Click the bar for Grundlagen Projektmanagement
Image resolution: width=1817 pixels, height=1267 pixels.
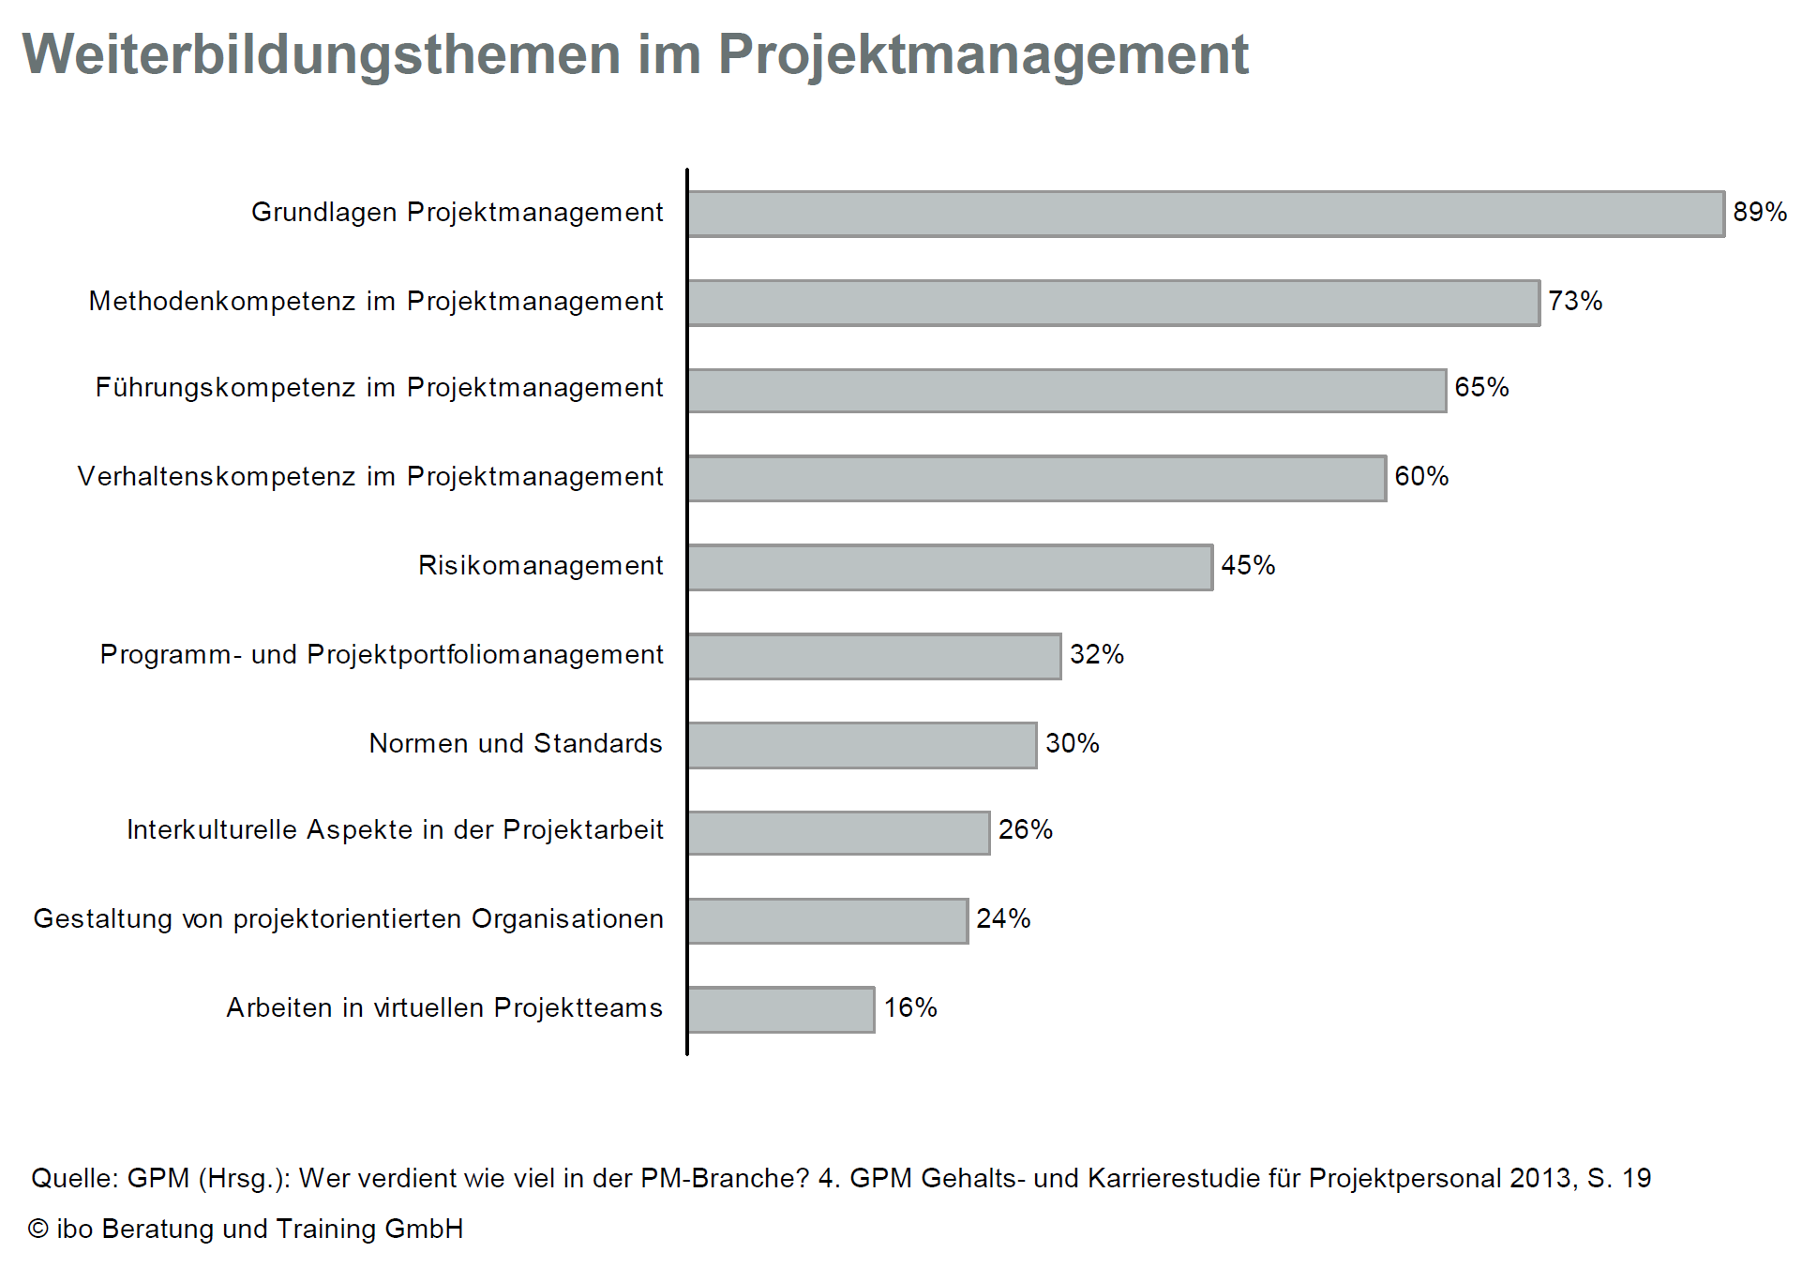(x=1206, y=214)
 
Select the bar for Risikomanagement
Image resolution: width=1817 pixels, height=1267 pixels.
(x=950, y=567)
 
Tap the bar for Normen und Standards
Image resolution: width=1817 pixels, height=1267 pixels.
(x=863, y=745)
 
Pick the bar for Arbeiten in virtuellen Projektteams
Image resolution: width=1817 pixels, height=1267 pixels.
(x=781, y=1009)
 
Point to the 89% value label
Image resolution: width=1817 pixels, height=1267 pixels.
(x=1760, y=212)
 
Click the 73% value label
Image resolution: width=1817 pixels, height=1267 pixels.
(x=1575, y=301)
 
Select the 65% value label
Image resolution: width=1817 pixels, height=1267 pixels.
(x=1481, y=387)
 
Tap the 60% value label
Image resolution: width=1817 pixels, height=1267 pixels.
(x=1421, y=476)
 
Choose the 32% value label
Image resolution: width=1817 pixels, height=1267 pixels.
(x=1097, y=654)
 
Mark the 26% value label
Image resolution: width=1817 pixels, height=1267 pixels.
(x=1026, y=829)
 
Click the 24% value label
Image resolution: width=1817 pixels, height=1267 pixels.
(x=1003, y=918)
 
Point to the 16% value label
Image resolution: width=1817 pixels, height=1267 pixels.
(x=910, y=1007)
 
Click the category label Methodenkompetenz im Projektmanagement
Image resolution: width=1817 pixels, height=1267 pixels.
(x=376, y=301)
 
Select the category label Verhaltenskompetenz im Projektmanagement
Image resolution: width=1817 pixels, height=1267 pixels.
(x=370, y=476)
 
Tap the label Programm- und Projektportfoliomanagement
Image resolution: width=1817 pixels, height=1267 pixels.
(x=382, y=654)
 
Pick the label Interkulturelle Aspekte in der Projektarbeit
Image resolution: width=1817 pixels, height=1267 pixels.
(x=395, y=829)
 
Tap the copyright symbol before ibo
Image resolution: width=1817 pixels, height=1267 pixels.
(x=38, y=1229)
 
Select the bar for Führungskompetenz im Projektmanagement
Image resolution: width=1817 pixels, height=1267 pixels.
(x=1067, y=390)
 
